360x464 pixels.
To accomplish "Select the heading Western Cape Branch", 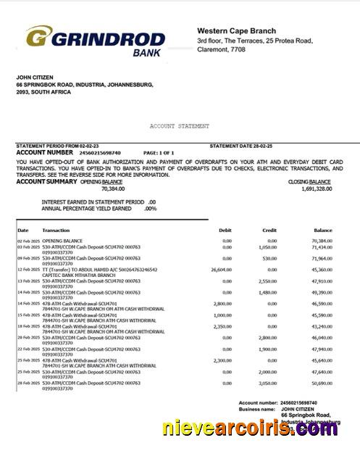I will click(236, 30).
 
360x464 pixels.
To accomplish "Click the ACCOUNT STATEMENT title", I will click(180, 125).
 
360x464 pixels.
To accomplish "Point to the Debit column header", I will click(225, 231).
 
